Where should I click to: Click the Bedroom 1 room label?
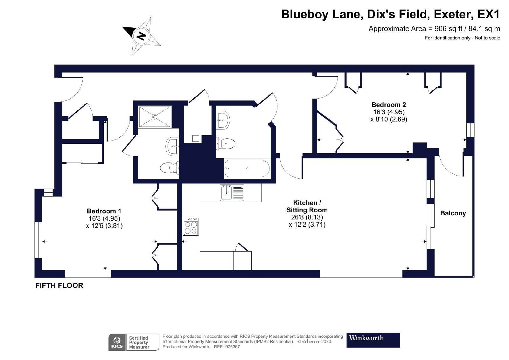pyautogui.click(x=104, y=211)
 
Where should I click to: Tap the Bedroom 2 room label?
pyautogui.click(x=388, y=105)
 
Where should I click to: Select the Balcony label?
pyautogui.click(x=453, y=213)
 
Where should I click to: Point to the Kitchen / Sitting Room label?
pyautogui.click(x=307, y=206)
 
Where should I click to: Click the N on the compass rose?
pyautogui.click(x=142, y=36)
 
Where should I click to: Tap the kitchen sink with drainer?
pyautogui.click(x=232, y=192)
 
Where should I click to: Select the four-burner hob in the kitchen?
pyautogui.click(x=191, y=226)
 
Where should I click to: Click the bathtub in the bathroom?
pyautogui.click(x=247, y=168)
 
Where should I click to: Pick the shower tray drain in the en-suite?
pyautogui.click(x=155, y=117)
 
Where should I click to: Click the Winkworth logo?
pyautogui.click(x=373, y=340)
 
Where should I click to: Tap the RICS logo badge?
pyautogui.click(x=117, y=342)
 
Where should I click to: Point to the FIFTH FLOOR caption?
pyautogui.click(x=59, y=286)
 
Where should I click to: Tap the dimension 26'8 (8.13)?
pyautogui.click(x=307, y=217)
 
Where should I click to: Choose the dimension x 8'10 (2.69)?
pyautogui.click(x=388, y=119)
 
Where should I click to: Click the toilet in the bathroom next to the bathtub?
pyautogui.click(x=226, y=143)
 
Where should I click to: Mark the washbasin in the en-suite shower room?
pyautogui.click(x=172, y=146)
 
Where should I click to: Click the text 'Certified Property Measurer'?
pyautogui.click(x=139, y=342)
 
